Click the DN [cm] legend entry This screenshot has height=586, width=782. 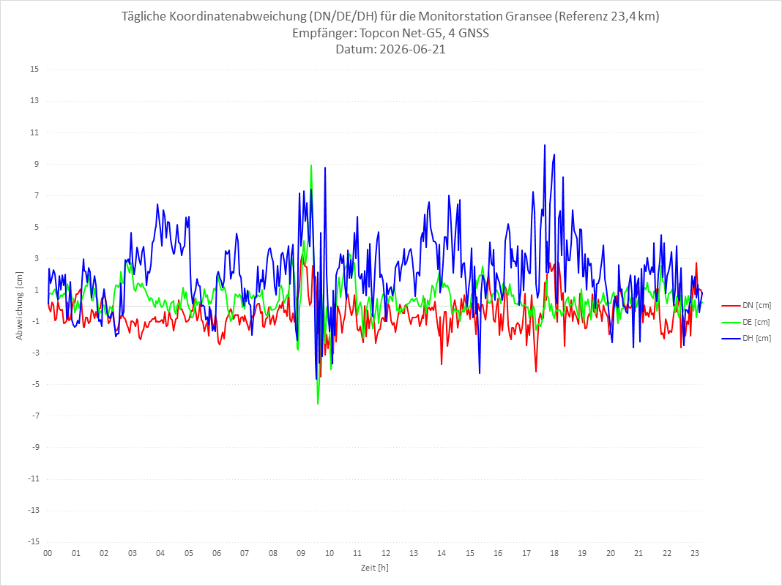(746, 306)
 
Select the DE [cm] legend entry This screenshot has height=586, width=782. (746, 322)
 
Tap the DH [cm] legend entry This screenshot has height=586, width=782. (746, 338)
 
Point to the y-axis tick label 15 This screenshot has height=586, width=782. (34, 70)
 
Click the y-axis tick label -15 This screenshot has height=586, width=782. (33, 541)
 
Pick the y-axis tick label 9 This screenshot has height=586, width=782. (37, 164)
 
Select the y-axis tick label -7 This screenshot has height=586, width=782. (35, 416)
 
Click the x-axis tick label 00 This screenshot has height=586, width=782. (48, 553)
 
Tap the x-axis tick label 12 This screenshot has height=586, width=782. (386, 553)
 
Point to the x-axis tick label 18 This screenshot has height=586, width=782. (554, 553)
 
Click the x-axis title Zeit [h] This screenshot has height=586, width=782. (375, 568)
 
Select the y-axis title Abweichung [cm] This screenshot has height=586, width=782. (20, 306)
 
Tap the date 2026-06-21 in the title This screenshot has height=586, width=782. (412, 49)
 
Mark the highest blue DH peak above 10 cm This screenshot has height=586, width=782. (545, 145)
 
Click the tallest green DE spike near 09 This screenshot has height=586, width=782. (311, 165)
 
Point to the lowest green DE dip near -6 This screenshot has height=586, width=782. (318, 404)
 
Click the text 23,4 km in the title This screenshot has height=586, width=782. (633, 16)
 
